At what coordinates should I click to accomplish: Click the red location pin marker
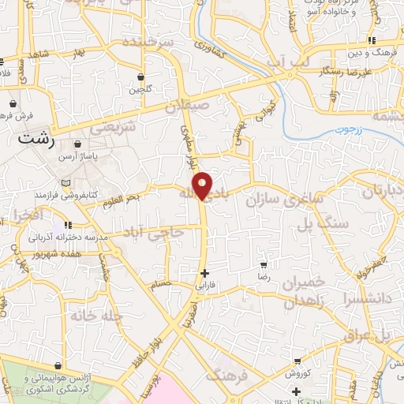(204, 185)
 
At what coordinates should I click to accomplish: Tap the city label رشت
(34, 137)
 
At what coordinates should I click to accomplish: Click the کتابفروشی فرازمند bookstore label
(67, 193)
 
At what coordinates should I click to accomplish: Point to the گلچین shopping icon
(140, 77)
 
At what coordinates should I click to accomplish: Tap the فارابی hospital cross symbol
(204, 273)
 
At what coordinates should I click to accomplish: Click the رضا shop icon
(263, 265)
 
